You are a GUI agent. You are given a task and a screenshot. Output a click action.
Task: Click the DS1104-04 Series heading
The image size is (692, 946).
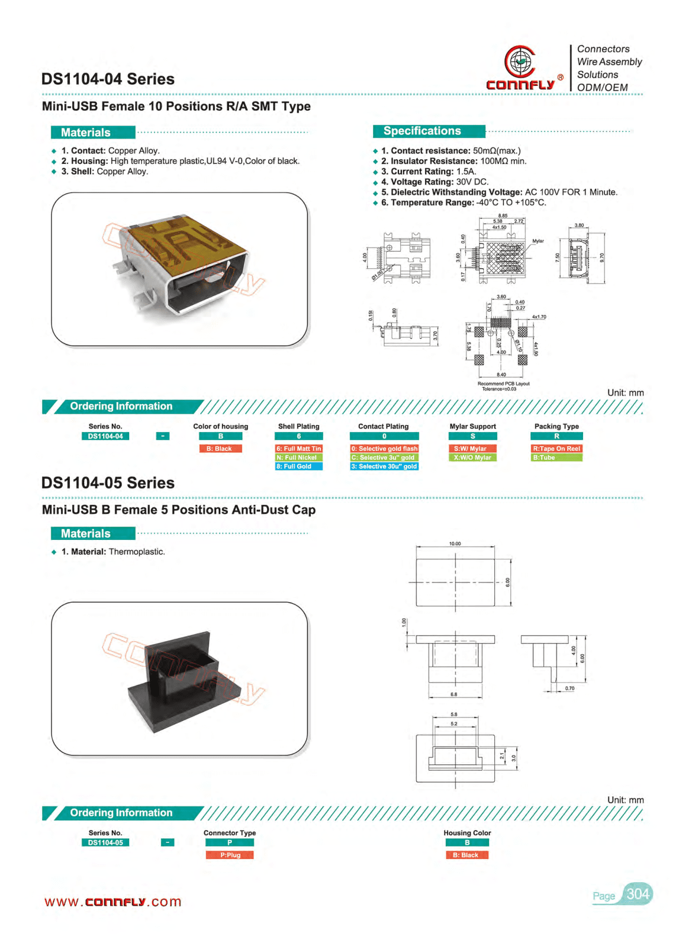(x=108, y=79)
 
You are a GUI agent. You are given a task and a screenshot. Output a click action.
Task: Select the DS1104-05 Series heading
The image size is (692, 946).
(x=108, y=483)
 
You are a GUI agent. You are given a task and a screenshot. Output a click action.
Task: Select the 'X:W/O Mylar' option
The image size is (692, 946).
(x=472, y=457)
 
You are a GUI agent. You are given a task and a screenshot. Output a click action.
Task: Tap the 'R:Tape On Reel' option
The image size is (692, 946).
(x=556, y=449)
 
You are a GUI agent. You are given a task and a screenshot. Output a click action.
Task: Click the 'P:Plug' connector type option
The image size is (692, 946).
(x=230, y=855)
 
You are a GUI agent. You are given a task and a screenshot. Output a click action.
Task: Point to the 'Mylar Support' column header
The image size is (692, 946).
(x=472, y=426)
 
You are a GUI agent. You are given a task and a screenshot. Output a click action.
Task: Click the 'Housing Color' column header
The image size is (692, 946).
(x=467, y=833)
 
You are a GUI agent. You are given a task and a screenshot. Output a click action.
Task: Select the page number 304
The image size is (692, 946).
(x=637, y=894)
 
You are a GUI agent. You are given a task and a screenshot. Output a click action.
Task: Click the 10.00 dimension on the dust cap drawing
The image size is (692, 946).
(x=455, y=543)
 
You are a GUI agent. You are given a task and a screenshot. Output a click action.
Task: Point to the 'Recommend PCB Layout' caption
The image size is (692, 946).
(x=503, y=384)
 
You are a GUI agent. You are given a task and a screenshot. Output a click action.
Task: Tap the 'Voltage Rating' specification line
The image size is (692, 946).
(x=434, y=182)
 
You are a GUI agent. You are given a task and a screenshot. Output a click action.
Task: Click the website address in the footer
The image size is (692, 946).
(x=113, y=902)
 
